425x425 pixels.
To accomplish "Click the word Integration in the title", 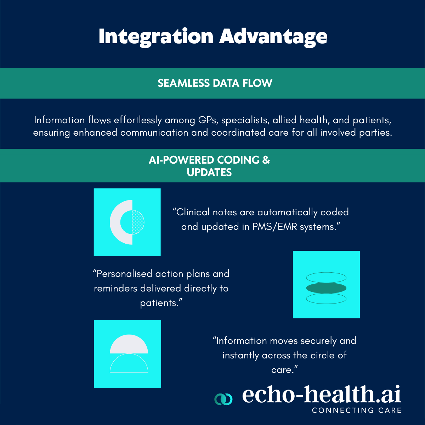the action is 156,37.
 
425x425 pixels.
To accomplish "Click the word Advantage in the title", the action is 273,37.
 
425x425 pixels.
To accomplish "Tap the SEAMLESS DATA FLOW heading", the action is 215,83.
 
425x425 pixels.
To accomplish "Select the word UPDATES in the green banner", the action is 209,172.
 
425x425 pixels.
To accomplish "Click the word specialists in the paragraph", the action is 245,120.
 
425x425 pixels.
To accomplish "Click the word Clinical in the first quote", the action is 193,212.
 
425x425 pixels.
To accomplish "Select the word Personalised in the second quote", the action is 124,274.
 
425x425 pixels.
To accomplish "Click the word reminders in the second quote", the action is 115,289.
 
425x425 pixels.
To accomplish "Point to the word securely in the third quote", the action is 318,341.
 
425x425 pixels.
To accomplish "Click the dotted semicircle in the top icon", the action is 138,222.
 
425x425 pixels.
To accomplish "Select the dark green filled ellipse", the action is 326,288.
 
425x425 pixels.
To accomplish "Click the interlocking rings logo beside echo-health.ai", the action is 223,399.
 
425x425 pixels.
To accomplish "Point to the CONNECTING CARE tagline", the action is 357,410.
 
